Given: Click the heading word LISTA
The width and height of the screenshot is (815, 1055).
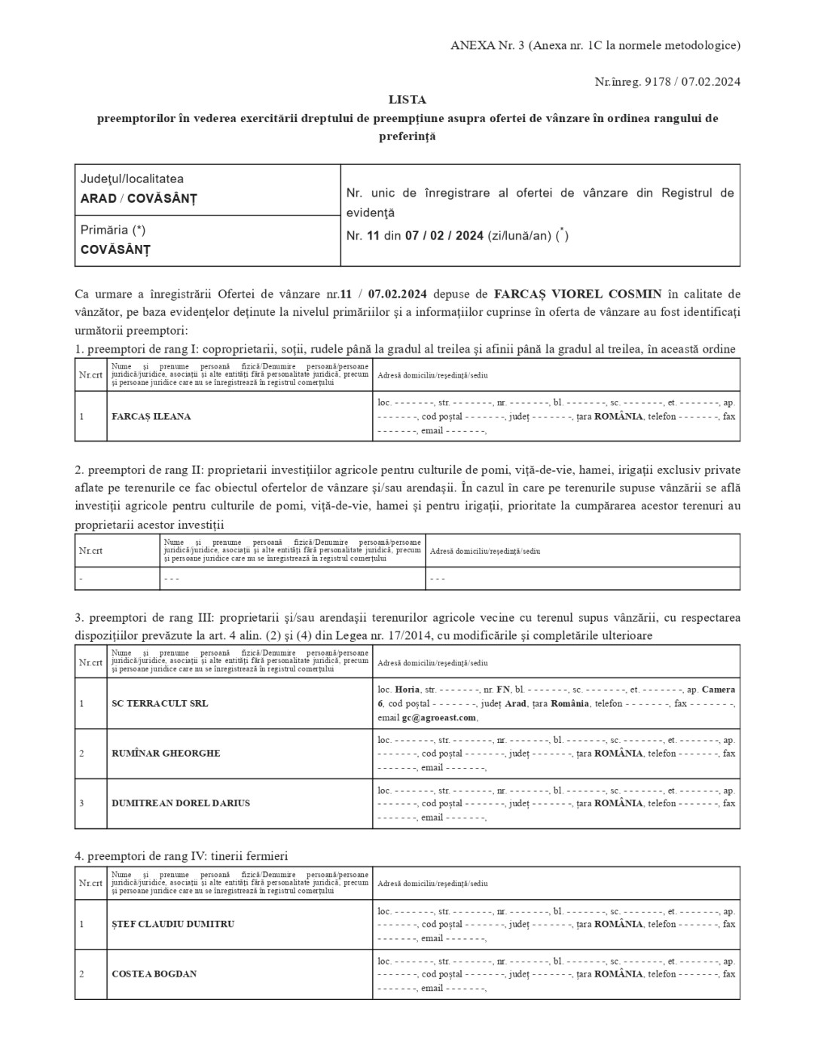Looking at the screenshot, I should [x=407, y=99].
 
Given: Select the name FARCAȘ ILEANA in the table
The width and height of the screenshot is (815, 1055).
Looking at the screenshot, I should [x=151, y=416].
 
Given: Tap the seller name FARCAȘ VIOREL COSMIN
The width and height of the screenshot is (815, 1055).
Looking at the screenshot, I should [x=578, y=293].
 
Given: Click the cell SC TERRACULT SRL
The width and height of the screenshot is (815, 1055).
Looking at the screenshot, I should [x=160, y=703].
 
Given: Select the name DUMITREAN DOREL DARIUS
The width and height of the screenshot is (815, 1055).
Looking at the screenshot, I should [x=181, y=803].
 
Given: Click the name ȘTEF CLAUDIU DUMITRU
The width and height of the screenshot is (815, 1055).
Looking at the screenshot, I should [x=172, y=924].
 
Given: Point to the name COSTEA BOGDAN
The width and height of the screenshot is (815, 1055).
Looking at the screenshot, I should [x=154, y=974].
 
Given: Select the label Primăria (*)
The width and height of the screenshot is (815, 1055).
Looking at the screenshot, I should [x=113, y=230].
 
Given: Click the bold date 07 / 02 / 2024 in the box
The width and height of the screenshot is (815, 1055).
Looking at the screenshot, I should [x=444, y=236].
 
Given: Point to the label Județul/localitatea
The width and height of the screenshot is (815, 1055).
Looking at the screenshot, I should [x=132, y=179].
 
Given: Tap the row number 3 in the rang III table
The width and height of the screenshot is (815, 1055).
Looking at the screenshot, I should [x=81, y=803].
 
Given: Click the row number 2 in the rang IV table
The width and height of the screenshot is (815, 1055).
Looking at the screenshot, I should [x=81, y=974].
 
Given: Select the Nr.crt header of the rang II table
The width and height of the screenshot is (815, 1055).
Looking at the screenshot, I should [x=90, y=550].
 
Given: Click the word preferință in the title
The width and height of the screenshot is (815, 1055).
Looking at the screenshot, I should [x=407, y=136].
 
